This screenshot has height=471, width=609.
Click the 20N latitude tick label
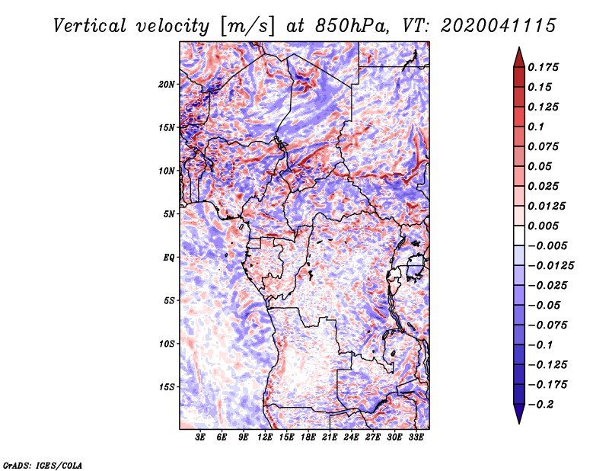tap(167, 85)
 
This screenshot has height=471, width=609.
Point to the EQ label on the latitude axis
tap(169, 258)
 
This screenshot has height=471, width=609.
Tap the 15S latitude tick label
tap(167, 387)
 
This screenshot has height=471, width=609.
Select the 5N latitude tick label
tap(169, 214)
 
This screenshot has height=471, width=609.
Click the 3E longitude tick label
tap(200, 437)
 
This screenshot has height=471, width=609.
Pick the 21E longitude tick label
tap(330, 437)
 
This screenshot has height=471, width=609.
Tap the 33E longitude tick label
tap(416, 437)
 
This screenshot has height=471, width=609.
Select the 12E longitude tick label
tap(264, 437)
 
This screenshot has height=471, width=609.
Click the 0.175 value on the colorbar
tap(543, 67)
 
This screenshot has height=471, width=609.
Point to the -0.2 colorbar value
tap(541, 405)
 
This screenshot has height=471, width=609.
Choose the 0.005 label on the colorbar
tap(543, 226)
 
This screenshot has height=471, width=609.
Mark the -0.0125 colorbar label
tap(551, 266)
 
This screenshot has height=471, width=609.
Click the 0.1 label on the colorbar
tap(536, 127)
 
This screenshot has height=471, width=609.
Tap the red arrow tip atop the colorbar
tap(519, 48)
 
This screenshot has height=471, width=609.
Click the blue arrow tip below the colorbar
tap(519, 422)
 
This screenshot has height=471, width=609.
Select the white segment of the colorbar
tap(519, 235)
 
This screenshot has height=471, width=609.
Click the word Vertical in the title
tap(89, 26)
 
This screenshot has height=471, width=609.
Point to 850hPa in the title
tap(352, 26)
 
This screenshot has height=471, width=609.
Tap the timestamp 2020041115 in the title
tap(499, 26)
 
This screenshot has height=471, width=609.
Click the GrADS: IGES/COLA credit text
tap(43, 466)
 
